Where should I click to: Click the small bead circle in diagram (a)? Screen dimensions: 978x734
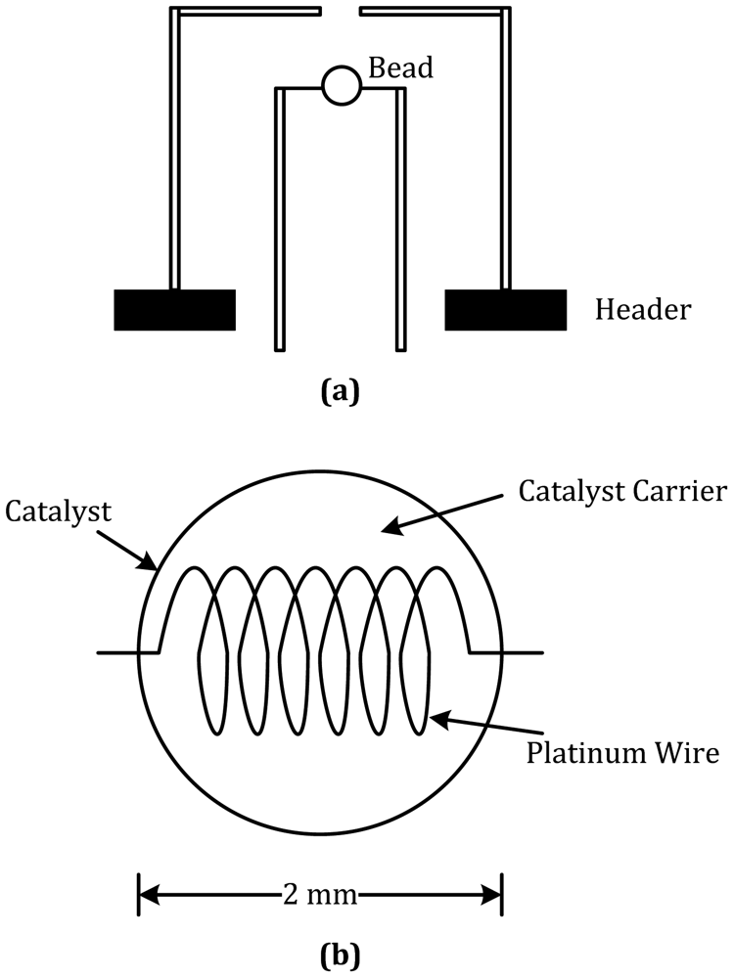click(342, 85)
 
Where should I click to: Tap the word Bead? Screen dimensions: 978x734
click(399, 67)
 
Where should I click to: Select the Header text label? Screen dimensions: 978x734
click(643, 310)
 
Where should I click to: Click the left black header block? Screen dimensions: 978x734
click(174, 310)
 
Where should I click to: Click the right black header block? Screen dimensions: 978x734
click(505, 310)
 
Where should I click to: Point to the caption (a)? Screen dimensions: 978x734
click(341, 392)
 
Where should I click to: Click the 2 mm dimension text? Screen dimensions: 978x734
click(320, 894)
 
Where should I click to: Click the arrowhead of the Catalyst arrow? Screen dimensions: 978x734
click(154, 566)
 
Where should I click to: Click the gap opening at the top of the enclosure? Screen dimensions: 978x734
click(342, 13)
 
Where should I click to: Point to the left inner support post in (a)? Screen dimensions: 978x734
click(280, 220)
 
